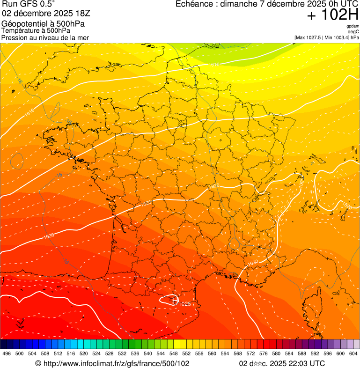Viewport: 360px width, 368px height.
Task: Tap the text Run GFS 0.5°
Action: [28, 4]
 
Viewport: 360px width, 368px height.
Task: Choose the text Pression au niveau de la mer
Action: [45, 37]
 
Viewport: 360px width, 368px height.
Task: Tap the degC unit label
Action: [353, 31]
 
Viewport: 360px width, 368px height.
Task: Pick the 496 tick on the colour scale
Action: [7, 353]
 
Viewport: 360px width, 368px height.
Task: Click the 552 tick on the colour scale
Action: [186, 353]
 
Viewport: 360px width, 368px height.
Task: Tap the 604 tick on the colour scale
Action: [353, 353]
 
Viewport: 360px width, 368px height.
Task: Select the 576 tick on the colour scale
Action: [263, 353]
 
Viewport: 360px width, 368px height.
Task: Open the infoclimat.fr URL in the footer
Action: [112, 363]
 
